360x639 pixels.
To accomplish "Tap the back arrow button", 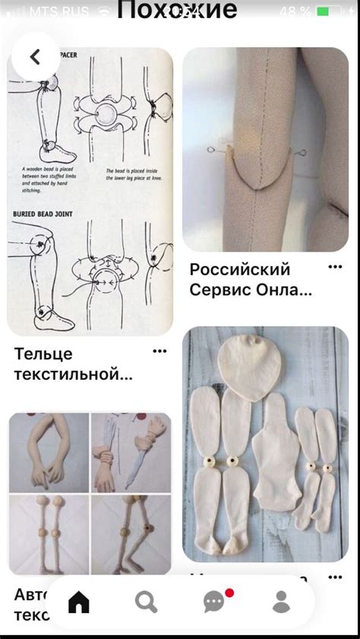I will click(35, 57).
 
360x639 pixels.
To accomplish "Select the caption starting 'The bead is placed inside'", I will click(126, 176).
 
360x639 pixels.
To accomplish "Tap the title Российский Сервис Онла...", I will click(251, 280).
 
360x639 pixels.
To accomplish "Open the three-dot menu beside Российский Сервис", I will click(335, 267).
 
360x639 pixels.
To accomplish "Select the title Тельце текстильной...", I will click(73, 363).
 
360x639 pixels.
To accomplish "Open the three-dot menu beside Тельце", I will click(159, 351).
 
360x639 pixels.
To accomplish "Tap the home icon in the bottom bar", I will click(78, 602).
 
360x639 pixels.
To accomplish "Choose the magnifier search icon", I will click(146, 602).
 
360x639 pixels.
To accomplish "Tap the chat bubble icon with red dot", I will click(214, 602).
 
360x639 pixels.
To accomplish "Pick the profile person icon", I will click(281, 602).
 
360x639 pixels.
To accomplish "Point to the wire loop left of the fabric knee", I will click(210, 151).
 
